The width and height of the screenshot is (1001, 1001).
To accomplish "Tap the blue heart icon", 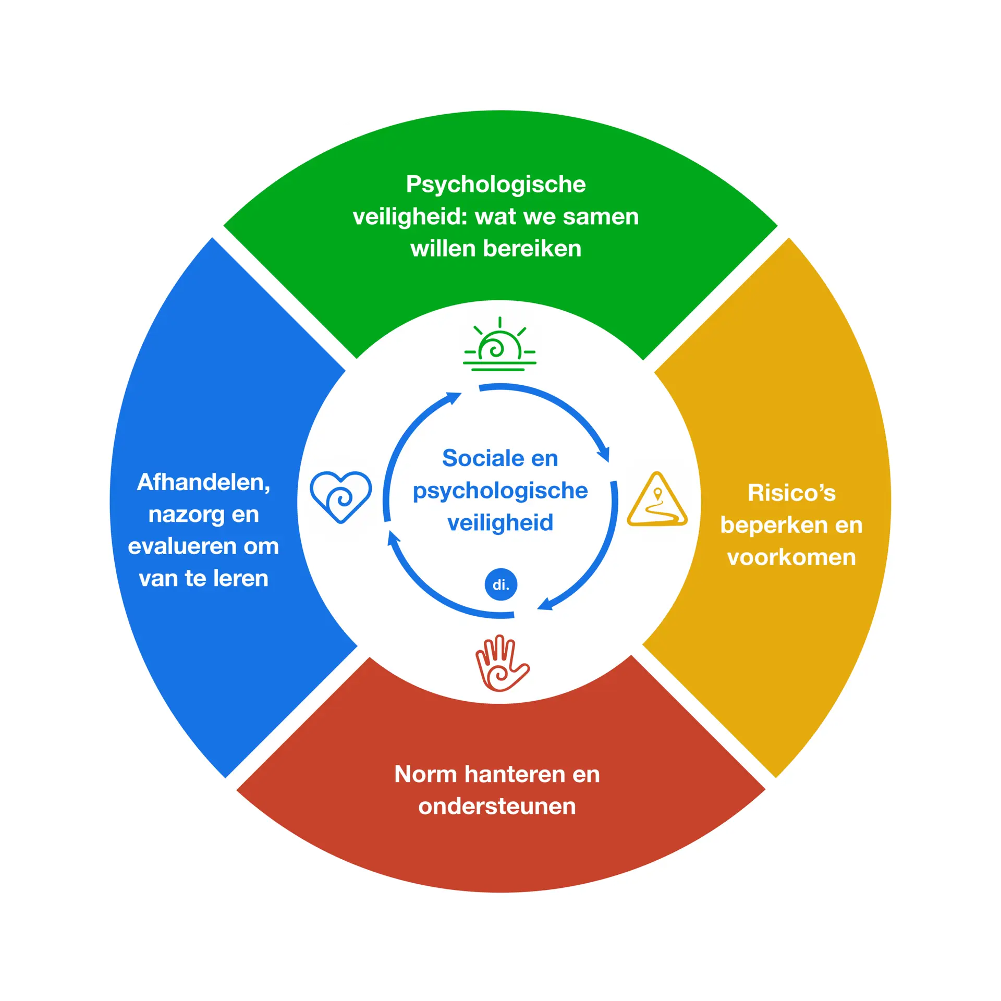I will [340, 496].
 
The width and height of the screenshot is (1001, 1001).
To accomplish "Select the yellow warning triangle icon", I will [657, 500].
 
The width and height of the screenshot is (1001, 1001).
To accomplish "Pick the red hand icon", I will [501, 664].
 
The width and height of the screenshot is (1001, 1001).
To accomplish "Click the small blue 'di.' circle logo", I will [500, 584].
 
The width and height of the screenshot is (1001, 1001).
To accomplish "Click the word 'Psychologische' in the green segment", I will [496, 185].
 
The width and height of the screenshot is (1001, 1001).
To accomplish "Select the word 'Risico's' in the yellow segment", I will [791, 493].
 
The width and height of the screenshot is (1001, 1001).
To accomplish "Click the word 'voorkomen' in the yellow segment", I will [791, 557].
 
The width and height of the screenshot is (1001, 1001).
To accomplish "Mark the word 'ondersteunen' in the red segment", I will [497, 807].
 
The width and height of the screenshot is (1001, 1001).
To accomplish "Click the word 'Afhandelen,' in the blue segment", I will [204, 483].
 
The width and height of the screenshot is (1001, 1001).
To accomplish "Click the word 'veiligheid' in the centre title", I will [500, 523].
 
